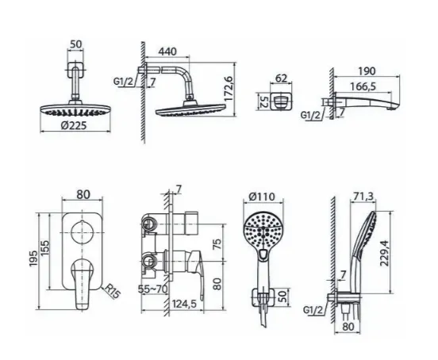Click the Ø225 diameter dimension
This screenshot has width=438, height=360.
74,126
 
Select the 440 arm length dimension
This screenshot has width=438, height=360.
167,52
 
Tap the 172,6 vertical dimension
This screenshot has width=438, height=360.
229,88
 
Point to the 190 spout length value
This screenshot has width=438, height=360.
367,71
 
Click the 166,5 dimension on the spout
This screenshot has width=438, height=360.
363,86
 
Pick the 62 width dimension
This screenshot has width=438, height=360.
281,79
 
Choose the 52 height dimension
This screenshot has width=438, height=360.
264,101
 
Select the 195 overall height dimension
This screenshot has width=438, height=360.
33,259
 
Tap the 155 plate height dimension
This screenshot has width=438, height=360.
45,247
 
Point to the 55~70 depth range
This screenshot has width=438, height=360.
152,289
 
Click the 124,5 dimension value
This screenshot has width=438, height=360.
184,304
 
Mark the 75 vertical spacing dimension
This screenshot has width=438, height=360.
218,244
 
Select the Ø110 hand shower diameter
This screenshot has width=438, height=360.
262,197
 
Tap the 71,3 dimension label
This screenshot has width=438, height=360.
363,197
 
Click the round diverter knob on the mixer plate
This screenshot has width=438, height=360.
83,233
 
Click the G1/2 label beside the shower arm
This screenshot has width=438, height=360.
124,82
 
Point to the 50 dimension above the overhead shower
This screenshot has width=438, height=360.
75,44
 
